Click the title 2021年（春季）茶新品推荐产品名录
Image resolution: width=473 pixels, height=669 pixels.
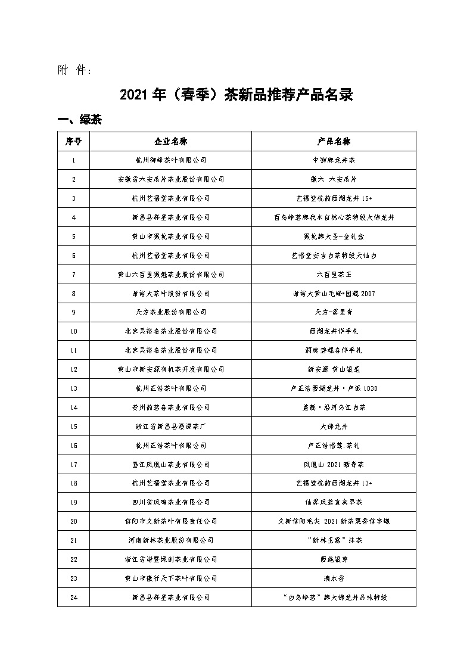point(236,95)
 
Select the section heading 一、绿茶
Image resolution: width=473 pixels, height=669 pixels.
point(79,120)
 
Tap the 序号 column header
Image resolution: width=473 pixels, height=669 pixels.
point(73,141)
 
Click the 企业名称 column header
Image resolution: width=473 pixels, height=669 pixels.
point(170,141)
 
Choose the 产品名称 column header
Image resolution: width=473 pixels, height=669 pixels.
point(334,141)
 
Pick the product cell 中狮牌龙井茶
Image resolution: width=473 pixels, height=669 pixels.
point(334,160)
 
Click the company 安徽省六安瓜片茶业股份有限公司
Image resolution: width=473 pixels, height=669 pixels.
point(170,179)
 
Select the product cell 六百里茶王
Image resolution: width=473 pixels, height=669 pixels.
point(334,274)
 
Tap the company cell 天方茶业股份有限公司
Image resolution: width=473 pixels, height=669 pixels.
point(170,312)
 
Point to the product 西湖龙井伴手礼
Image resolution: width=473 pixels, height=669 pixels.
point(334,331)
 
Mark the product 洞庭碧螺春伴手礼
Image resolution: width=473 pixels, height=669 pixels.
point(334,350)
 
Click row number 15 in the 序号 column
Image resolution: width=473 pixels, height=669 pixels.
point(73,426)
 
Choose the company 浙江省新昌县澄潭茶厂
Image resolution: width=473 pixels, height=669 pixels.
point(170,426)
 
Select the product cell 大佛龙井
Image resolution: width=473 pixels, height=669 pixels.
point(334,426)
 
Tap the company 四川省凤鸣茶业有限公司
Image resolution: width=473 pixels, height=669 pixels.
point(170,502)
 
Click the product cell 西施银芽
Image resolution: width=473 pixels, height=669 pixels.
point(334,559)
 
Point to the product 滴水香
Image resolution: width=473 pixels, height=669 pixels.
point(334,578)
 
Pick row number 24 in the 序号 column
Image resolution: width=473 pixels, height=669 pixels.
point(73,597)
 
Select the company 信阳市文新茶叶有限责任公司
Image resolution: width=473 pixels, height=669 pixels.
point(170,521)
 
